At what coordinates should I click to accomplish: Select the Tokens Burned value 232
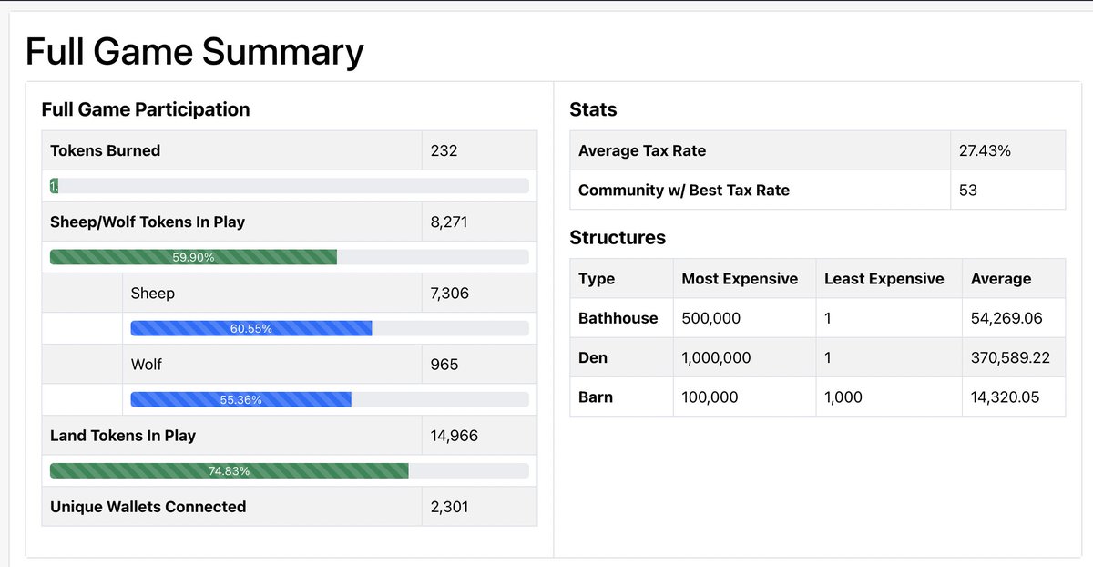tap(444, 150)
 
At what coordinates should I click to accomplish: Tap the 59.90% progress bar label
tap(193, 258)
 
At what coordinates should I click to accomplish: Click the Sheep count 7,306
tap(450, 293)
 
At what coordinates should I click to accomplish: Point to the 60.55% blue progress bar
tap(250, 328)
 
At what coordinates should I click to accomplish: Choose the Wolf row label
tap(146, 364)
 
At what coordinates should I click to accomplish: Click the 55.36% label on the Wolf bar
tap(240, 399)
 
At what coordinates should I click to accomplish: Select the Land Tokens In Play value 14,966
tap(454, 436)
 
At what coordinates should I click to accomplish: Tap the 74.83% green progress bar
tap(229, 471)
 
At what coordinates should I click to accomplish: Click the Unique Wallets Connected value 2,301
tap(449, 506)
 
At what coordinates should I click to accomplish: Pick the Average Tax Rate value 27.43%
tap(985, 150)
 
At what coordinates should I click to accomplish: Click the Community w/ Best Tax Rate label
tap(683, 190)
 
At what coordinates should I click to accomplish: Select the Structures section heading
tap(617, 238)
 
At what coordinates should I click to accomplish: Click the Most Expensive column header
tap(740, 279)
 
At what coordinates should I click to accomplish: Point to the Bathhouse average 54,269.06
tap(1006, 318)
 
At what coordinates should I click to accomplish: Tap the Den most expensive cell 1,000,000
tap(716, 357)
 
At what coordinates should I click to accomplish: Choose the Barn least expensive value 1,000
tap(843, 397)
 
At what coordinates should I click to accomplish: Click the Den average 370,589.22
tap(1010, 357)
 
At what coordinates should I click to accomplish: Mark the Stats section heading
tap(593, 109)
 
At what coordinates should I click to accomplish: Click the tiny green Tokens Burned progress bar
tap(54, 186)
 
